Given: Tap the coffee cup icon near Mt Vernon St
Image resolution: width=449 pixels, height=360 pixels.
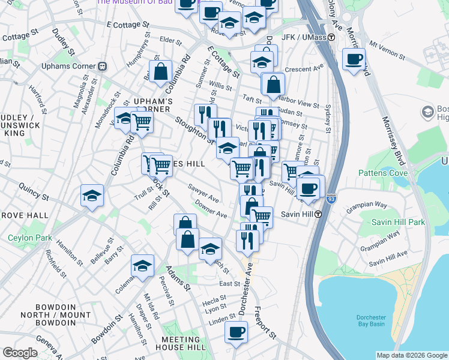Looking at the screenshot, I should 354,59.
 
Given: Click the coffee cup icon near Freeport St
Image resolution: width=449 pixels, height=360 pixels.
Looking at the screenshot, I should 237,332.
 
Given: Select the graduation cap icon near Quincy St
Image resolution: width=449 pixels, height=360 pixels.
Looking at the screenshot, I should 92,196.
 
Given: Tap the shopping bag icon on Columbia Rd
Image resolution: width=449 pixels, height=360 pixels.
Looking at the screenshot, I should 161,71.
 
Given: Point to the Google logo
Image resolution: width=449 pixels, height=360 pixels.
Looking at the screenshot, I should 20,353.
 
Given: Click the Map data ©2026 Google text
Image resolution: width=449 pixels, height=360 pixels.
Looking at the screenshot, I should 412,355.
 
